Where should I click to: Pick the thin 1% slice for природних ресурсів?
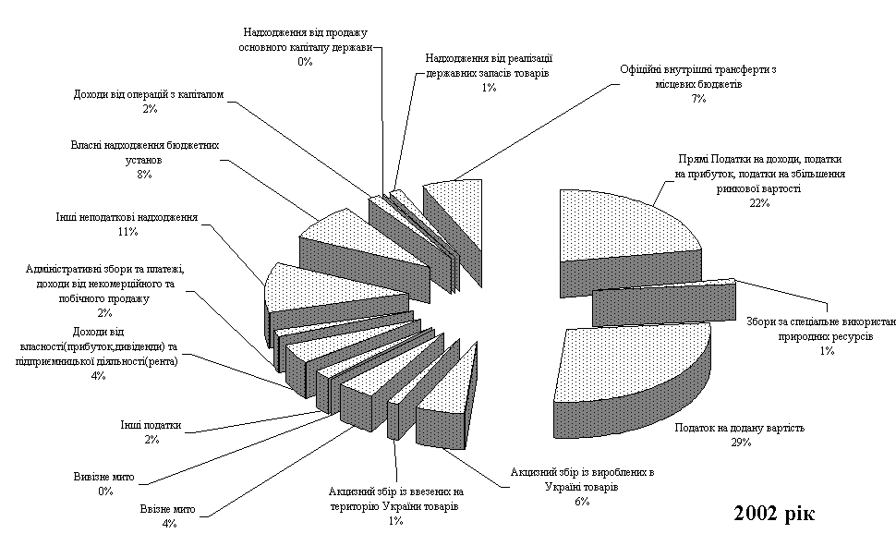665,296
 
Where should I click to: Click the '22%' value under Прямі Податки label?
759,203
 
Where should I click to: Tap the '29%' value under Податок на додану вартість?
741,443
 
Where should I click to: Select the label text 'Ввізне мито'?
170,509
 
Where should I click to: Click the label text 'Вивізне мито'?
105,477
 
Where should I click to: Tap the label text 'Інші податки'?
151,426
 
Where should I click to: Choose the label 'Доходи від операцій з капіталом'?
148,94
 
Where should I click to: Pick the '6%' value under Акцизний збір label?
581,500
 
